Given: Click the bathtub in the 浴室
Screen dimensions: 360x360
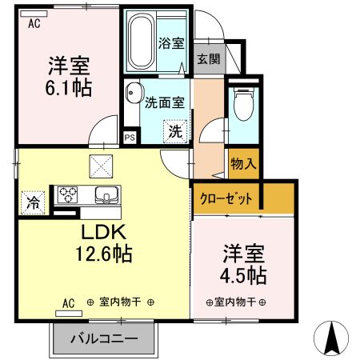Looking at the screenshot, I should point(142,42).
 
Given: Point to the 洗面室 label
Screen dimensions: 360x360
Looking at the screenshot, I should point(165,102).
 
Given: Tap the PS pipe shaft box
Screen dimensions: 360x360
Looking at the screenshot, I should point(129,137).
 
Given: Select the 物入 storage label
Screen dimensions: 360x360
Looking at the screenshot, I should point(243,164).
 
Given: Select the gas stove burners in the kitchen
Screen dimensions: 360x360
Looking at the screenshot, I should point(66,194).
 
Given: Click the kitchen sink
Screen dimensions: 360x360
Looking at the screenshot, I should point(106,195).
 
